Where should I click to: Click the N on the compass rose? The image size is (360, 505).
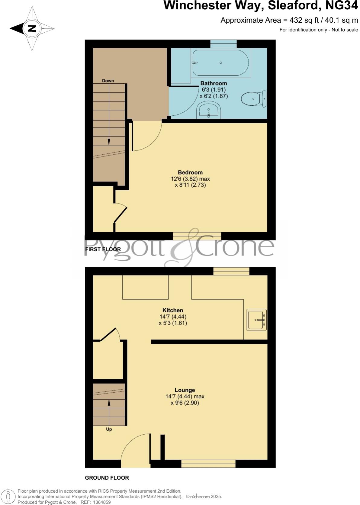coord(32,29)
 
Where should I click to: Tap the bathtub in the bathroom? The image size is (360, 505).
coord(220,63)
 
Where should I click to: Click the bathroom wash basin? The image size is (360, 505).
coord(209,110)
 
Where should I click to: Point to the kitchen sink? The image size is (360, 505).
coord(256,320)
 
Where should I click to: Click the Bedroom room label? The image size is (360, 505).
coord(190,172)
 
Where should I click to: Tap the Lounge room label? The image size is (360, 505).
coord(185,390)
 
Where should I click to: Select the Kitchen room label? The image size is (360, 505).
coord(173,310)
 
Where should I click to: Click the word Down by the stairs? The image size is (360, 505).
coord(108,81)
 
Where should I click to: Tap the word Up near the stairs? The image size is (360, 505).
coord(109,429)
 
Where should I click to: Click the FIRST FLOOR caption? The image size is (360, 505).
coord(103,249)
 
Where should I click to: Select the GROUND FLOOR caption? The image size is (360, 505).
coord(107,478)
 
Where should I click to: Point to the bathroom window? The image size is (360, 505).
coord(223,44)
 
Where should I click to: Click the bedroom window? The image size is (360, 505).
coord(197,236)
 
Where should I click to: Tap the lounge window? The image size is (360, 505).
coord(208,464)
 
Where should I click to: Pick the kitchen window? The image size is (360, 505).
coord(231,271)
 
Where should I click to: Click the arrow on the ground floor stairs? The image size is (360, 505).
coord(109,402)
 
